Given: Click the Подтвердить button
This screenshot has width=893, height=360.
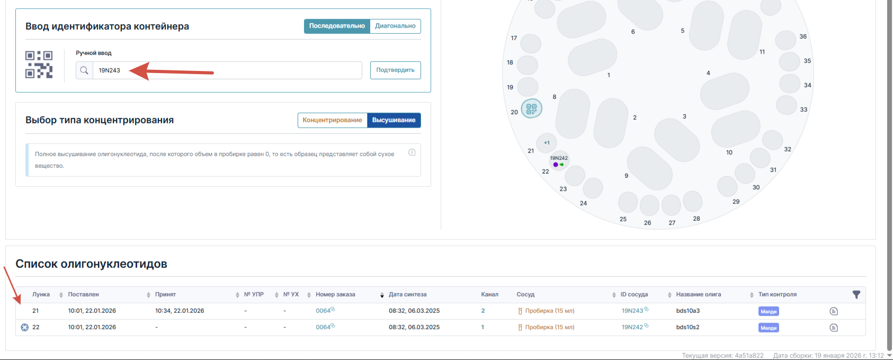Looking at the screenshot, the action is [x=395, y=70].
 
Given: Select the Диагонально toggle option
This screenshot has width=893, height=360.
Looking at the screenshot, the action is [x=395, y=26].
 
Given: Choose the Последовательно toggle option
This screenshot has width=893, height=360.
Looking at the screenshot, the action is [x=337, y=26].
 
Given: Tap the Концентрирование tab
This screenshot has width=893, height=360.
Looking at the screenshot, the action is [x=332, y=120].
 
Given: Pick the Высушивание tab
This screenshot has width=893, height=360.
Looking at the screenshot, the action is [x=394, y=120].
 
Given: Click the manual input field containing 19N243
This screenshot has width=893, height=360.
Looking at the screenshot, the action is [x=227, y=70].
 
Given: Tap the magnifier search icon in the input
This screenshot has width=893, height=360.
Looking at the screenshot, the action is [x=84, y=70].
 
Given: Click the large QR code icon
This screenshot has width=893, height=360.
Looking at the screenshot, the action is [x=39, y=65].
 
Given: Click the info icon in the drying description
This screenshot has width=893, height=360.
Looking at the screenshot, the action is [x=412, y=152].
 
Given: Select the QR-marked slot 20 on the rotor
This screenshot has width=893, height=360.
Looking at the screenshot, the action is [x=531, y=109].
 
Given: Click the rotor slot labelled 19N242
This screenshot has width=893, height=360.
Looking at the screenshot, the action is [x=559, y=161].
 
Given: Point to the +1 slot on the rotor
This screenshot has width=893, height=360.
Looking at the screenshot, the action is [x=547, y=143].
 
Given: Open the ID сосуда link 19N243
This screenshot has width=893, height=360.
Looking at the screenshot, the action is [x=632, y=311].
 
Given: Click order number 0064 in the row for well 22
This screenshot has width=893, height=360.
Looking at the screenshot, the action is [x=323, y=327].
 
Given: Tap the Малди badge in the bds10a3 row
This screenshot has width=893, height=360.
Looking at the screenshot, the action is [x=768, y=311].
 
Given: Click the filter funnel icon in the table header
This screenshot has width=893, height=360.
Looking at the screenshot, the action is [x=856, y=295].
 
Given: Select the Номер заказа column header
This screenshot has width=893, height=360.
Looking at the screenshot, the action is [x=335, y=295].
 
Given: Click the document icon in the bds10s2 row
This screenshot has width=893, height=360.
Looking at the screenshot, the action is [x=834, y=328].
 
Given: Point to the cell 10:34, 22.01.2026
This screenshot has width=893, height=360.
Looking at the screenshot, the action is [x=180, y=311].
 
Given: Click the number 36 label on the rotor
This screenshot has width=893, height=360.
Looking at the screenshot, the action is [x=803, y=37].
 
